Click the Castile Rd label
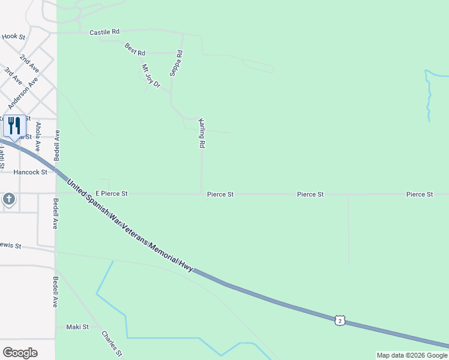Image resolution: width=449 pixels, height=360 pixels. coord(104,32)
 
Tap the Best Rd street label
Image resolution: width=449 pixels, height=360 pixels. coord(135,50)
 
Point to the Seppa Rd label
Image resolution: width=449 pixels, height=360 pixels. coord(175,62)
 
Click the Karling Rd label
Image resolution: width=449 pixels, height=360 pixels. coord(202,133)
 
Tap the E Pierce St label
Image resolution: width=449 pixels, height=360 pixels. coord(112,194)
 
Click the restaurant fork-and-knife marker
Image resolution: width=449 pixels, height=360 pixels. coord(14,125)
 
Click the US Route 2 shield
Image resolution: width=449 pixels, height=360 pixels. coord(340,321)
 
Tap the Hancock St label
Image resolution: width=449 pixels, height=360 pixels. coord(30,172)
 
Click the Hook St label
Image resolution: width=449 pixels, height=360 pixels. coord(13,37)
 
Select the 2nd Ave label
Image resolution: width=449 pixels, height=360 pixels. coord(28,62)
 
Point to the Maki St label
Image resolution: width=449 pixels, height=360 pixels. coord(77,327)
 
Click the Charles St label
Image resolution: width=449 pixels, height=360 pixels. coord(112,344)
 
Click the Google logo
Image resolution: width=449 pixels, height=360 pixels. coord(20,353)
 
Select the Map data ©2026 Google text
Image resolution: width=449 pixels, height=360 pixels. coord(412,355)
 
